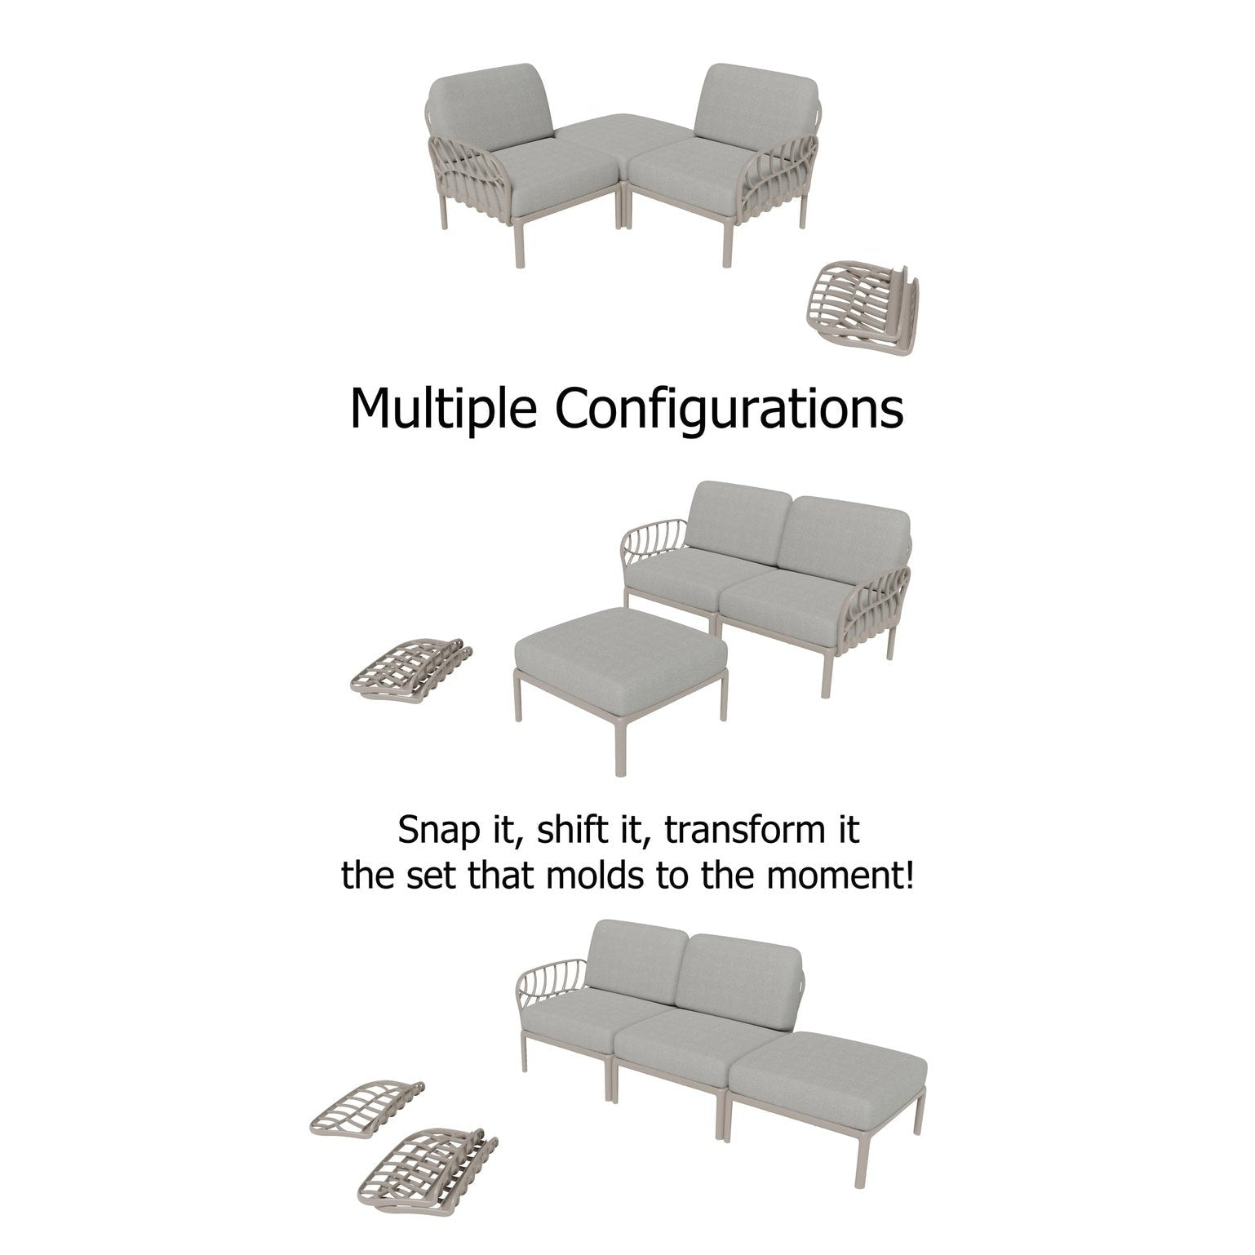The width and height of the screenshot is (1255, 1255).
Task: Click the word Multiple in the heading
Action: [444, 408]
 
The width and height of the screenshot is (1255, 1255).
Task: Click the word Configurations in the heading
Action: [729, 408]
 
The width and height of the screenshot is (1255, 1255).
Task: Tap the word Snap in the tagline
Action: [435, 831]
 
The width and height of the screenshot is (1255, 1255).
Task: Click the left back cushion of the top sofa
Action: [491, 110]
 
